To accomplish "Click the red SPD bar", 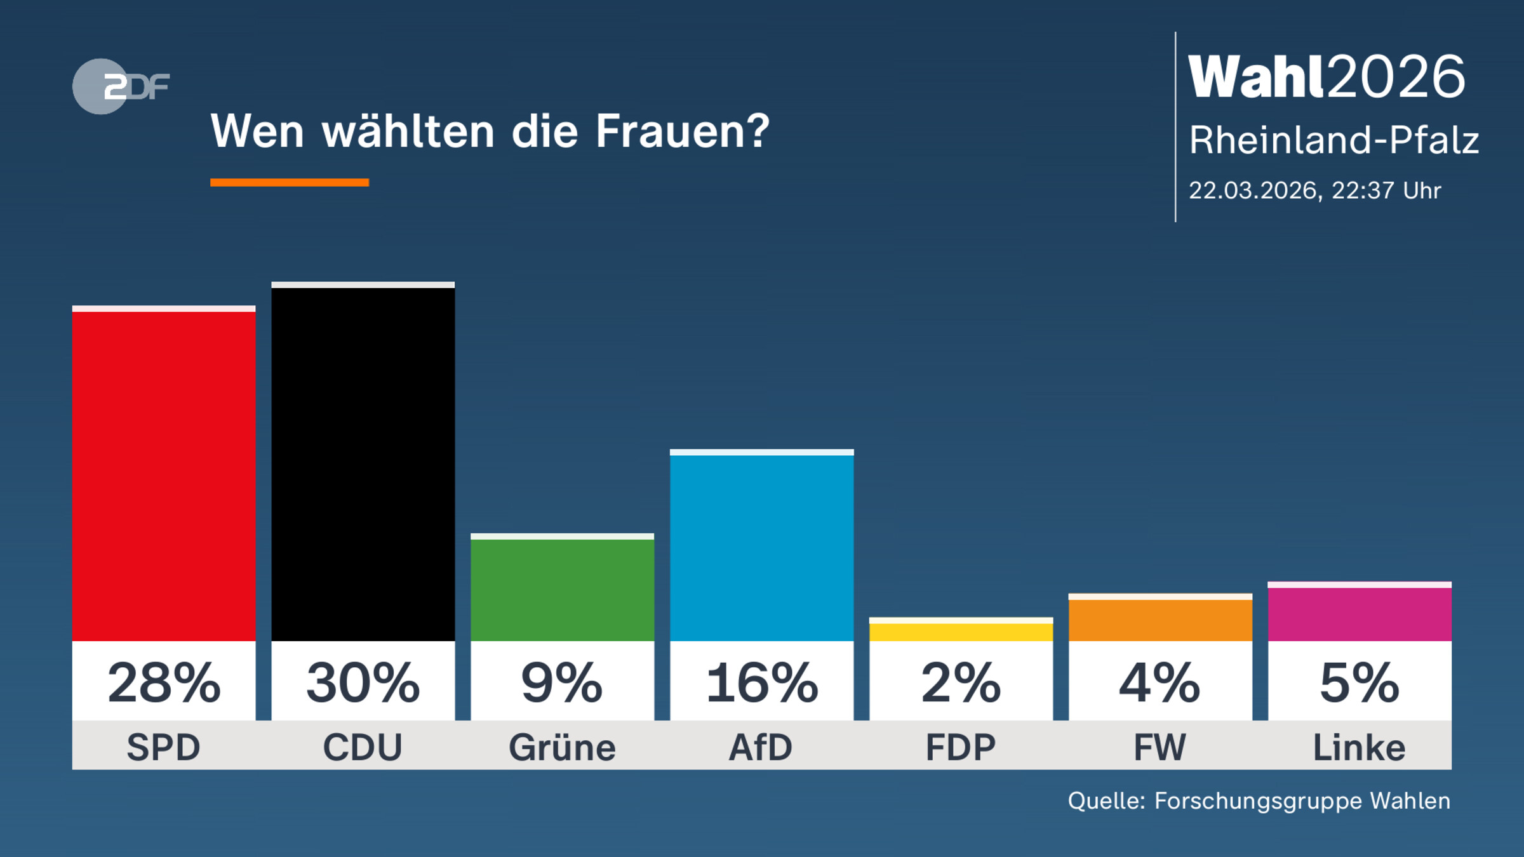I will point(164,476).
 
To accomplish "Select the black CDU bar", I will point(363,463).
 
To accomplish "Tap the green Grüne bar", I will point(562,589).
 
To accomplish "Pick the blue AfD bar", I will point(761,547).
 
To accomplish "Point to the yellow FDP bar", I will point(961,632).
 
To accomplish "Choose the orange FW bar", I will point(1160,619).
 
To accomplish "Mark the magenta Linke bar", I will point(1360,613).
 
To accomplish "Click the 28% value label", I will point(164,683).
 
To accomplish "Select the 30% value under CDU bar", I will point(363,683).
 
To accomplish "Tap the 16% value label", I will point(761,683).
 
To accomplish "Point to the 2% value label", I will point(961,683).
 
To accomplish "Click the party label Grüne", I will point(562,747).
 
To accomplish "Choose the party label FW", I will point(1160,747).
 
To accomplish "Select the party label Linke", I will point(1360,747).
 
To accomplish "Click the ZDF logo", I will point(121,86).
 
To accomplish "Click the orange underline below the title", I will point(290,183).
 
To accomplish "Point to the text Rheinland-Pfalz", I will point(1333,140).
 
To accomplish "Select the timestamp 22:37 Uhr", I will point(1386,190).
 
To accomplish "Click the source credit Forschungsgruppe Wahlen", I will point(1302,801).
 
